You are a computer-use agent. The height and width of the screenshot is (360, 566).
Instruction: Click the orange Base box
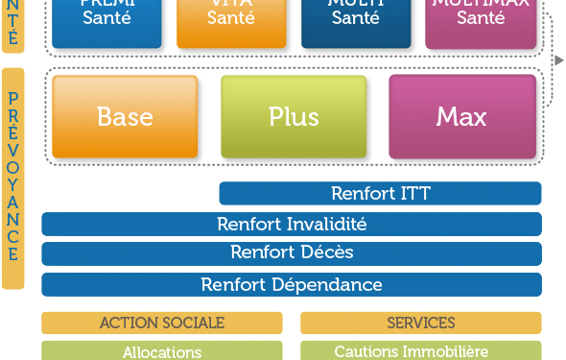click(x=125, y=117)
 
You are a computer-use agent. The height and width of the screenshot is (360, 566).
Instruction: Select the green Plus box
click(x=294, y=117)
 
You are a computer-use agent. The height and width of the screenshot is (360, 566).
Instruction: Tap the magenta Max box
click(x=461, y=117)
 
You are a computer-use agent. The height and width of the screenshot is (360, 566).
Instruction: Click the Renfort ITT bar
click(x=380, y=193)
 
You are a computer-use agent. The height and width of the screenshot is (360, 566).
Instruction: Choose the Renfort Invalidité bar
click(x=292, y=225)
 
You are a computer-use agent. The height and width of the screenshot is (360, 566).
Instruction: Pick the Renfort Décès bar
click(x=292, y=253)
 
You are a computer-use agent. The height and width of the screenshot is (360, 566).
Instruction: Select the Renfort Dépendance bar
click(x=292, y=285)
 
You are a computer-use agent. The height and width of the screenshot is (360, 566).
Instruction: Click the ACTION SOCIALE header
click(x=161, y=323)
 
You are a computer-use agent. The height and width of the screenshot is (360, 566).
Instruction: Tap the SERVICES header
click(x=420, y=323)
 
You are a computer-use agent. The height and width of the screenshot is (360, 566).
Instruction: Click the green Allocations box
click(x=161, y=351)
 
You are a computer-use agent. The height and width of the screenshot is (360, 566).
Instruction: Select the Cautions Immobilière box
click(x=420, y=351)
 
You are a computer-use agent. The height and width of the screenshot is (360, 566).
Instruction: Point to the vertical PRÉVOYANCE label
click(x=12, y=178)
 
